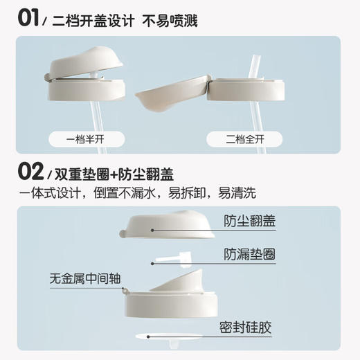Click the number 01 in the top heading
coord(30,18)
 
